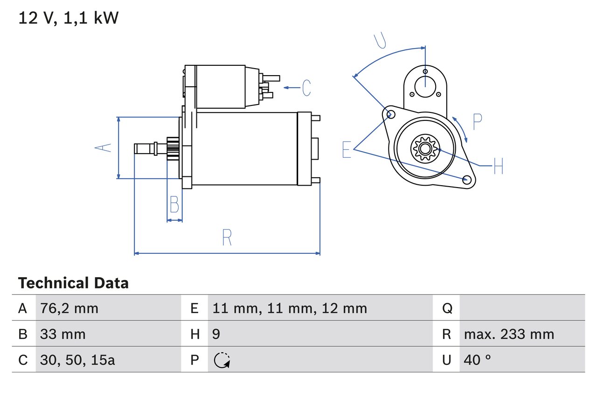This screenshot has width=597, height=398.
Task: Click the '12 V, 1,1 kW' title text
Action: (69, 18)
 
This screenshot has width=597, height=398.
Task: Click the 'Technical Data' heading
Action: (73, 283)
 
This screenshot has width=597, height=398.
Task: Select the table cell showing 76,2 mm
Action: (69, 308)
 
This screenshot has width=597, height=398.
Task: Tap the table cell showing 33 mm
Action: (63, 334)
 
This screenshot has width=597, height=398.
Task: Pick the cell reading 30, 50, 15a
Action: (78, 360)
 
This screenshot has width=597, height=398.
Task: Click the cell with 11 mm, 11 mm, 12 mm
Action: (290, 308)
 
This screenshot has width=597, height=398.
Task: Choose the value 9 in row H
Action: (216, 334)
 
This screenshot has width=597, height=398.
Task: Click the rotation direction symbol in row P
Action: (222, 360)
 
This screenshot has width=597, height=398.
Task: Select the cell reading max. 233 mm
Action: (509, 334)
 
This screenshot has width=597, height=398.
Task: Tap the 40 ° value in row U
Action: (478, 360)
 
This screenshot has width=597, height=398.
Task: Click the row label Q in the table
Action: (447, 308)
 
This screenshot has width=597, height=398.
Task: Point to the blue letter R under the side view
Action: (227, 237)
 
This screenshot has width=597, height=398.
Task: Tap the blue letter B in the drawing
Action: (174, 204)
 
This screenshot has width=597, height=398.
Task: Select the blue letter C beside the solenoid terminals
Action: (306, 88)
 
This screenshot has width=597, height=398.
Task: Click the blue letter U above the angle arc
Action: (381, 41)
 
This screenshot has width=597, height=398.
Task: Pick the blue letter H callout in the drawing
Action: (498, 166)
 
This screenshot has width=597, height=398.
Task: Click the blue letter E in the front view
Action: (347, 149)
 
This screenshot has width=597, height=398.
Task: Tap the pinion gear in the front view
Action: (424, 149)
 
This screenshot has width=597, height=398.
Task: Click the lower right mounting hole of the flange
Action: (466, 180)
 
